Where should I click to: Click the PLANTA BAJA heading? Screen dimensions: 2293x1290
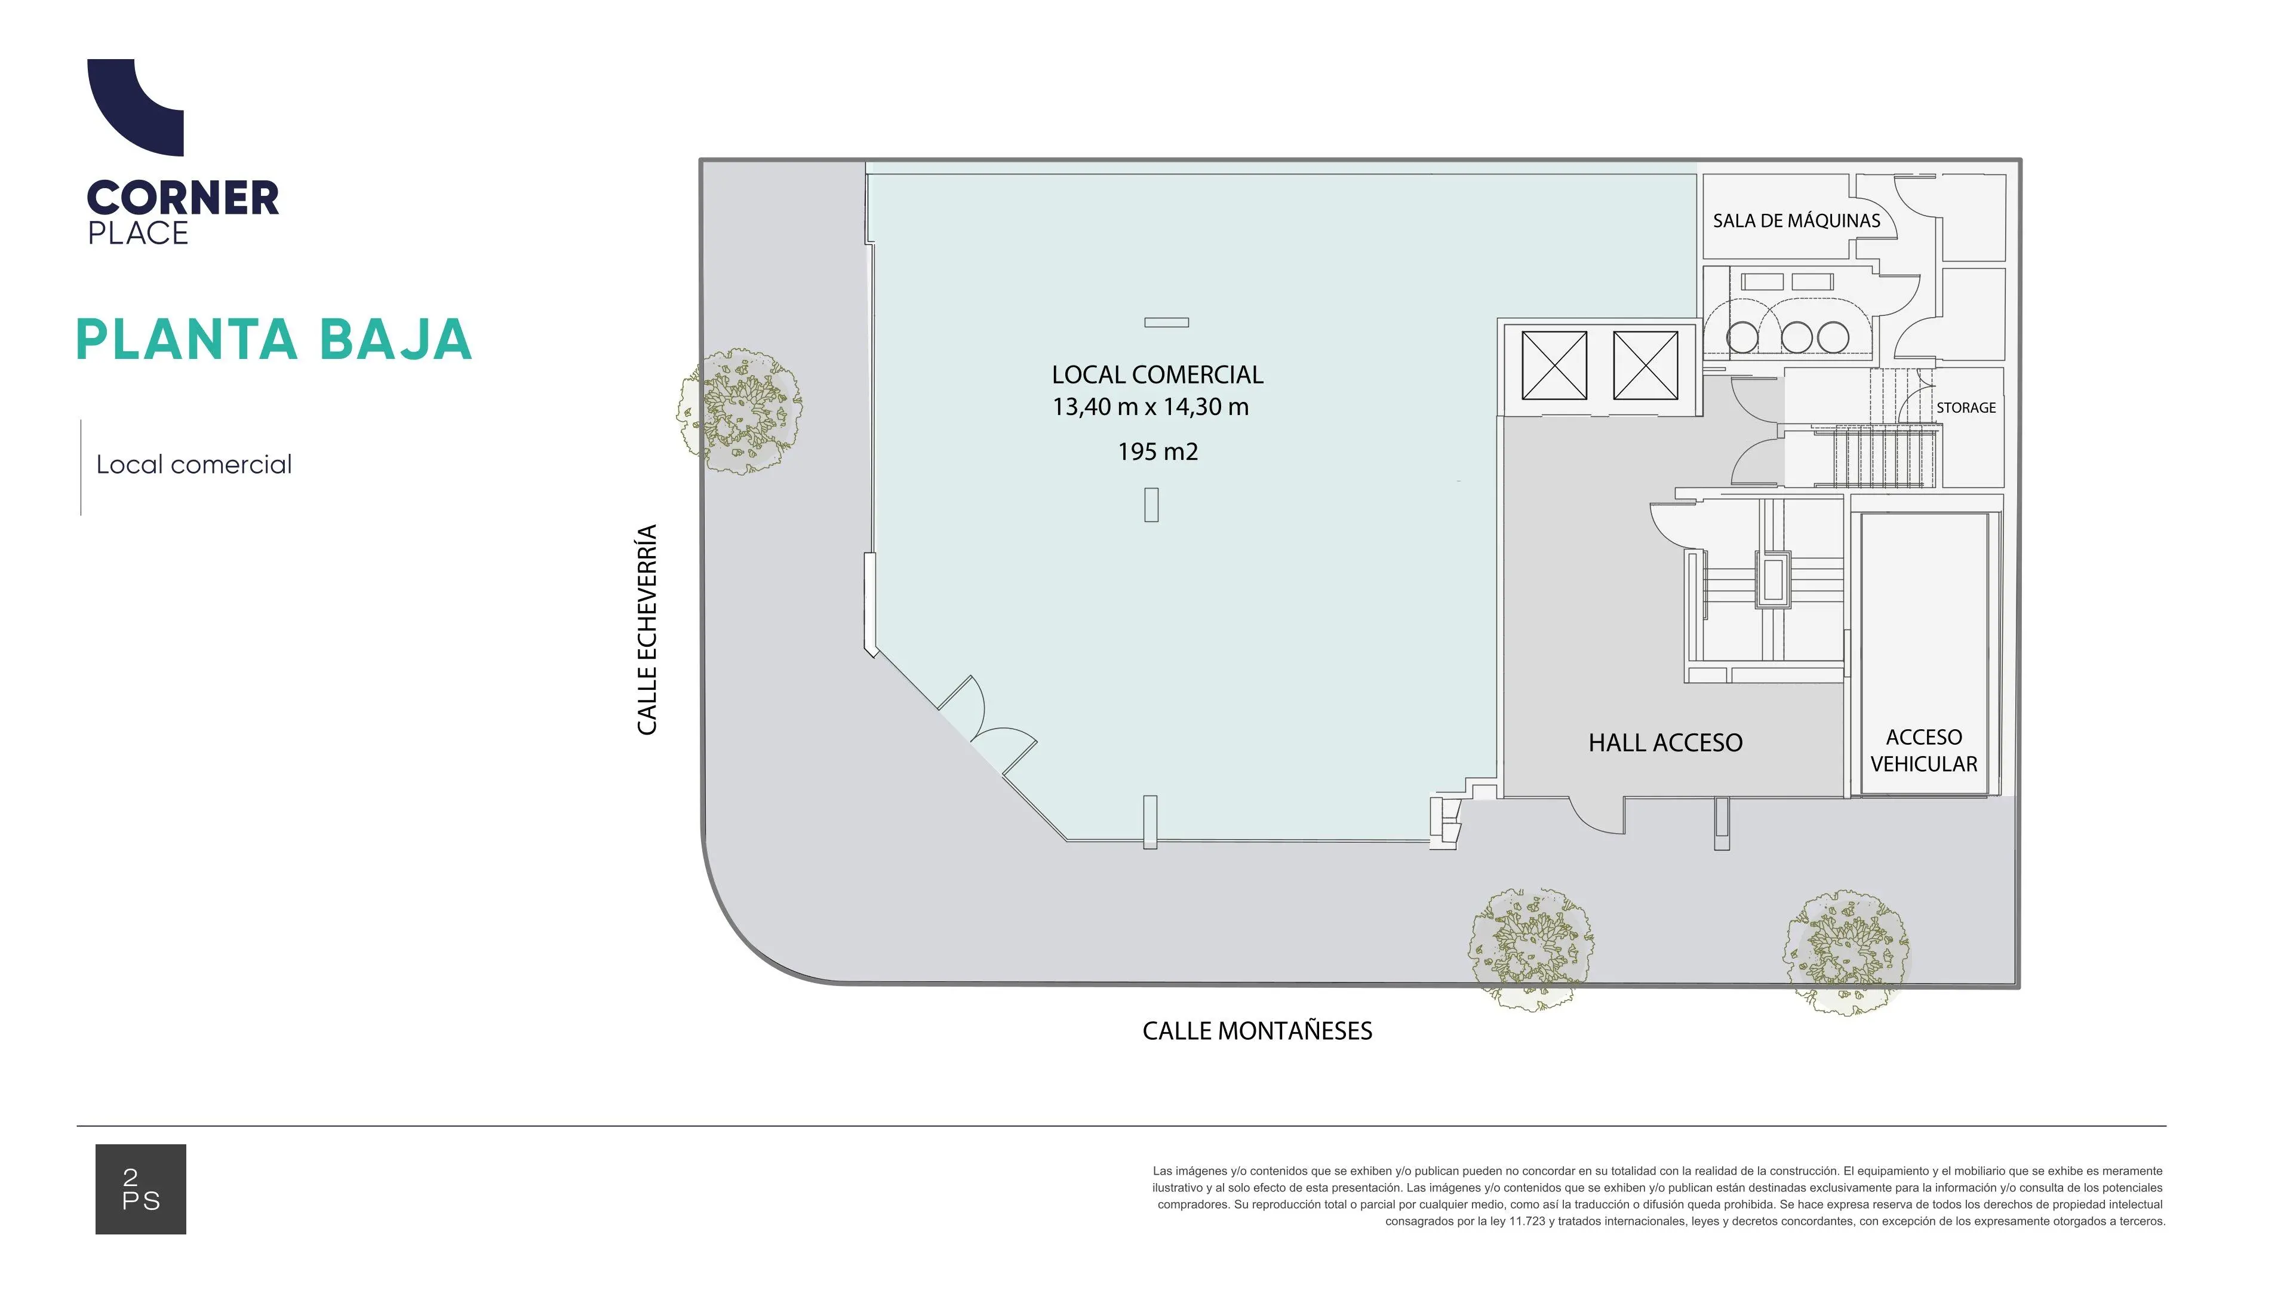[x=274, y=339]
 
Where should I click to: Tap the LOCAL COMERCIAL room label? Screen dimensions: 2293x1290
[x=1157, y=375]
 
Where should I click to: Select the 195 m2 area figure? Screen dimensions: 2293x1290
[x=1158, y=451]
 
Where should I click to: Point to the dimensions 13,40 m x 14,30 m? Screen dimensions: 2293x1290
[x=1151, y=407]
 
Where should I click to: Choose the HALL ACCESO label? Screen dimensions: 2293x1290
[x=1665, y=742]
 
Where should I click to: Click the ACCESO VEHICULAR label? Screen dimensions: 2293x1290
[x=1923, y=751]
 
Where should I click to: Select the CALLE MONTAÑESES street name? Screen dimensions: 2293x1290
[x=1257, y=1031]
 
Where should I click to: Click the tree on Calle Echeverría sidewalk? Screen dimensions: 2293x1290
[x=739, y=410]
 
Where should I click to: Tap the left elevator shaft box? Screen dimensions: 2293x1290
[x=1554, y=365]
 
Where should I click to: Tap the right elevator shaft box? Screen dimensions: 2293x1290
[x=1646, y=365]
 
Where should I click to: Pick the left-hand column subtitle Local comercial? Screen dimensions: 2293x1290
[x=194, y=465]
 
